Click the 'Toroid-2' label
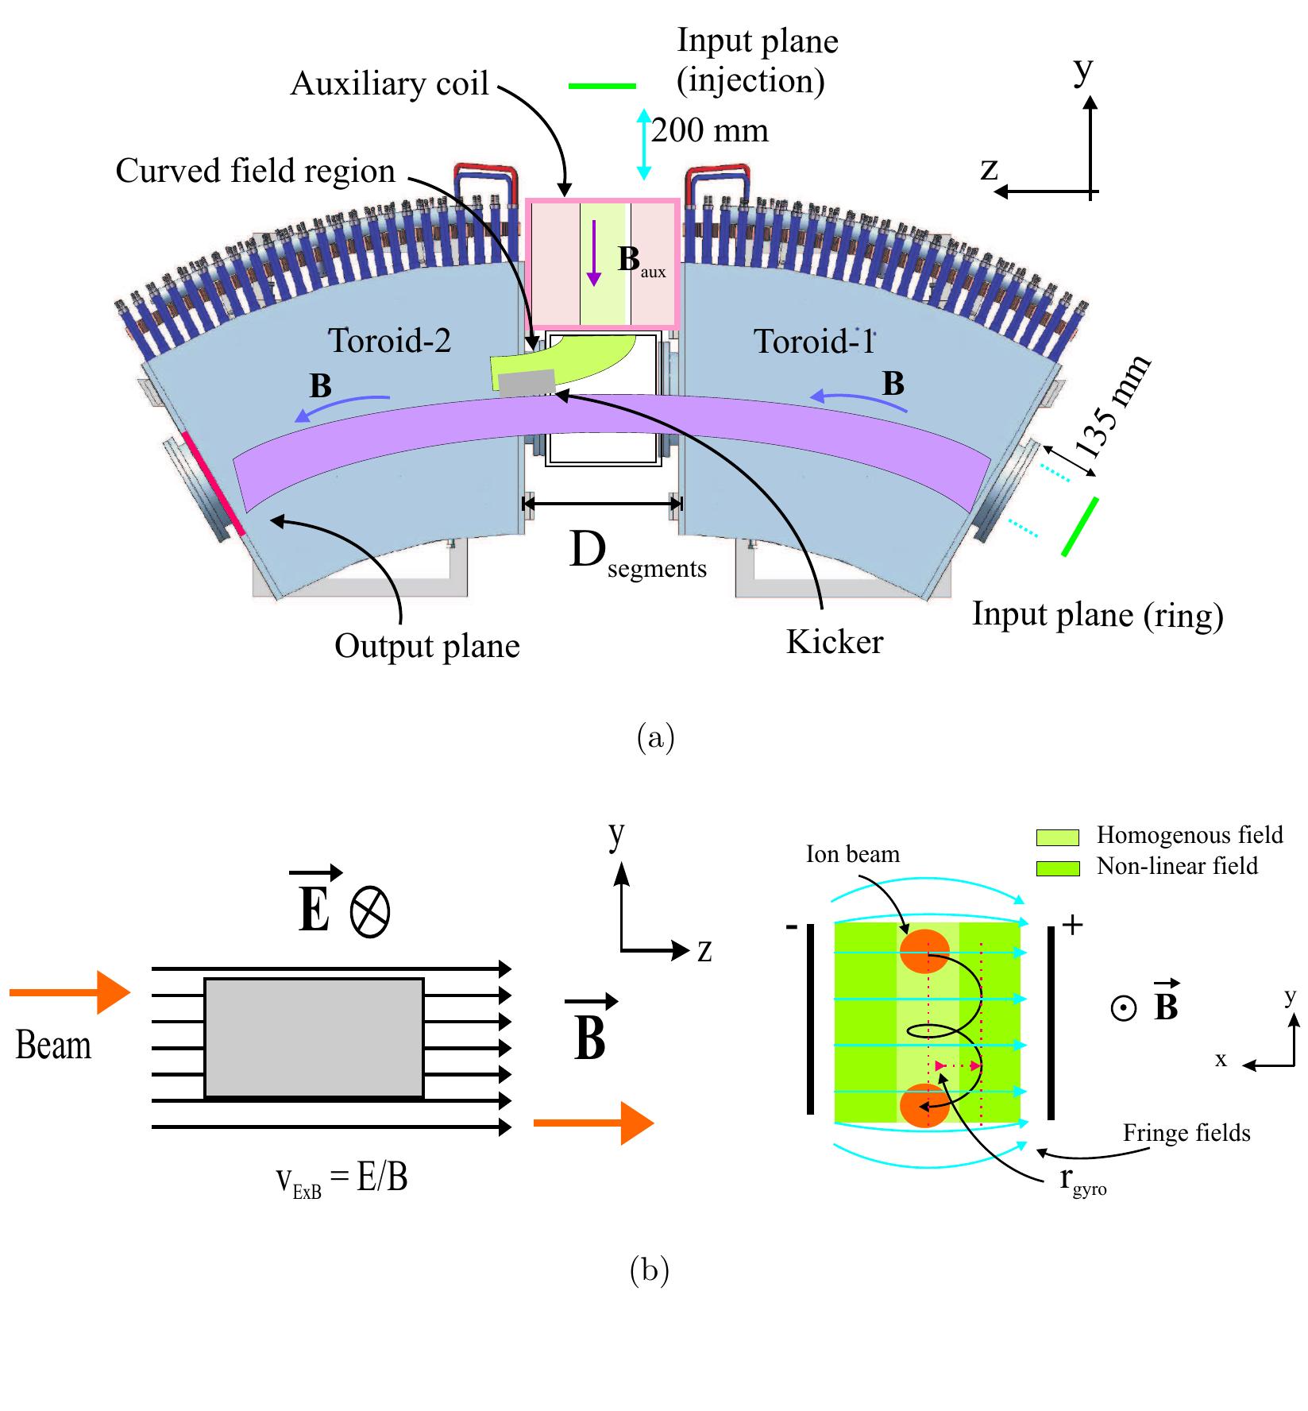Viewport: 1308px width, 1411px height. click(389, 341)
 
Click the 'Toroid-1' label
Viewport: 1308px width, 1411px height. click(812, 342)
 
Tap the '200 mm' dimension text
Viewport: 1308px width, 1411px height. click(710, 130)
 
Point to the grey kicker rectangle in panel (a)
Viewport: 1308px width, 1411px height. click(526, 382)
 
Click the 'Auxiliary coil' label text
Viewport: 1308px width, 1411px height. click(389, 83)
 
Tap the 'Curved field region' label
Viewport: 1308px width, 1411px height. click(255, 171)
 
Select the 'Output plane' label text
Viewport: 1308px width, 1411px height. click(426, 646)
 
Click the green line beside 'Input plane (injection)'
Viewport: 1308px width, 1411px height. click(602, 86)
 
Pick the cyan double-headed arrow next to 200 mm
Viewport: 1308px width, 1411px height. click(643, 144)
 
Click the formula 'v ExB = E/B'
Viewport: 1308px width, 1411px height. click(341, 1178)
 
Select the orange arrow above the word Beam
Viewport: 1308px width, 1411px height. click(70, 992)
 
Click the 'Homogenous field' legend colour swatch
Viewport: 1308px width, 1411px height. click(1058, 837)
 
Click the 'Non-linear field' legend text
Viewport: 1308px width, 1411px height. click(1177, 865)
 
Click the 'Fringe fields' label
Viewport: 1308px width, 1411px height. click(1186, 1133)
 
